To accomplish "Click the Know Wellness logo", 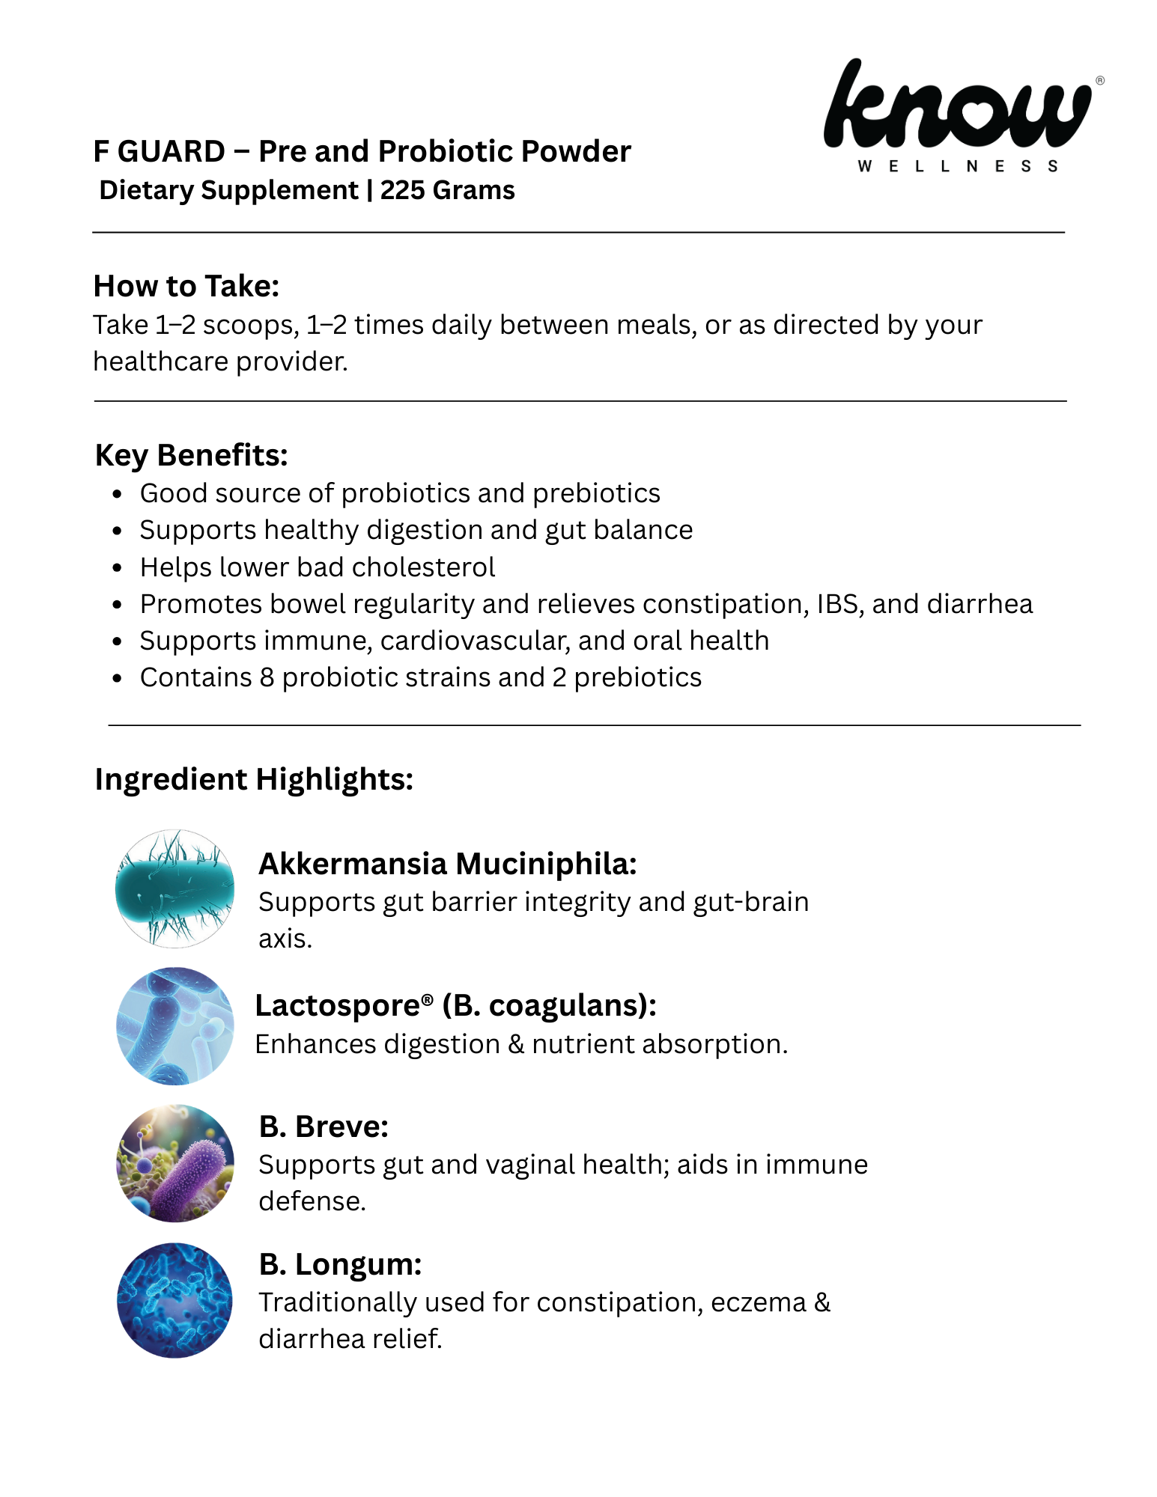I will [x=959, y=105].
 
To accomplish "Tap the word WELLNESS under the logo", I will [x=958, y=166].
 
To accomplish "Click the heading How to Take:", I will [x=186, y=286].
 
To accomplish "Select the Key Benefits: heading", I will [x=191, y=455].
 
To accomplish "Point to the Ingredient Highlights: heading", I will [x=254, y=779].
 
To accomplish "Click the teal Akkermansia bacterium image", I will [x=174, y=888].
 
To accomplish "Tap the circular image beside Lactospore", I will [x=174, y=1026].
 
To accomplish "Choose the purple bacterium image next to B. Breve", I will [x=174, y=1163].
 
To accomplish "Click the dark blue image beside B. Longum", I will [x=174, y=1301].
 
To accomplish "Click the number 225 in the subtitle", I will [x=402, y=191].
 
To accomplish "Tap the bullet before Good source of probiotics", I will [x=117, y=495].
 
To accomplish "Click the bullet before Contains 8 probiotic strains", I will [x=117, y=679].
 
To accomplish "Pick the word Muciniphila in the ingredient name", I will [x=546, y=864].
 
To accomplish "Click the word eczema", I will [x=758, y=1303].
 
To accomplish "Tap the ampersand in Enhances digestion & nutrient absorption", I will [x=516, y=1045].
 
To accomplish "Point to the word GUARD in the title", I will [x=171, y=152].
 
